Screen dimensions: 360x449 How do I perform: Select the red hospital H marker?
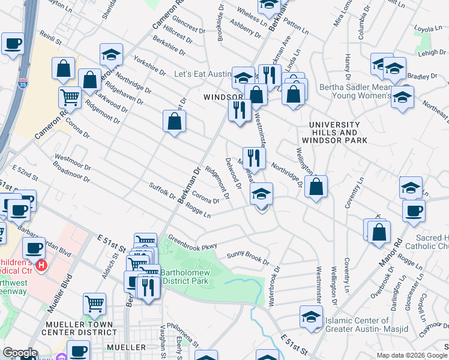pyautogui.click(x=41, y=265)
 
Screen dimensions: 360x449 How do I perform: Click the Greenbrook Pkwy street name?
pyautogui.click(x=191, y=241)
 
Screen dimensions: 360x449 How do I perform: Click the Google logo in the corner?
pyautogui.click(x=20, y=353)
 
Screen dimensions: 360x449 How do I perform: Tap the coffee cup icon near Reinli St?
pyautogui.click(x=13, y=43)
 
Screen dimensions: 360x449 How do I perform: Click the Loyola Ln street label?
pyautogui.click(x=428, y=28)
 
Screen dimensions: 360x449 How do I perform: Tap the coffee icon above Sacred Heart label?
pyautogui.click(x=414, y=211)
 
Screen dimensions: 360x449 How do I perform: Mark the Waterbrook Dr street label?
pyautogui.click(x=276, y=284)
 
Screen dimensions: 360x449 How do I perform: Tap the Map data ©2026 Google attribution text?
pyautogui.click(x=411, y=355)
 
